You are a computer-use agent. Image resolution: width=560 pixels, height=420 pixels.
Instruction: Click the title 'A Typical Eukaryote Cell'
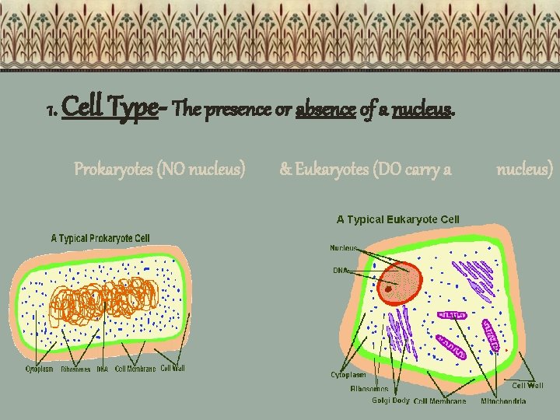pos(398,220)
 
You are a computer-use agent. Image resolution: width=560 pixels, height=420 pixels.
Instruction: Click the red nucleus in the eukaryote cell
pos(397,279)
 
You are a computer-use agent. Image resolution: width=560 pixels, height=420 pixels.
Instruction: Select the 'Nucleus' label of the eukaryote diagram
pos(344,248)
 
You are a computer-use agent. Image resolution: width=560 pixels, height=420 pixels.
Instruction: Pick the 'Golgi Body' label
pos(390,401)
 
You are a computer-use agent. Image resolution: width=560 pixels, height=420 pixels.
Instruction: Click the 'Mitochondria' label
pos(502,401)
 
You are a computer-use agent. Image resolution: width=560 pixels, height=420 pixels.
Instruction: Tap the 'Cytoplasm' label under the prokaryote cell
pos(40,369)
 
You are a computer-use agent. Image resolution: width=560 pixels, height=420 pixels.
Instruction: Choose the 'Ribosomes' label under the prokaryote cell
pos(75,369)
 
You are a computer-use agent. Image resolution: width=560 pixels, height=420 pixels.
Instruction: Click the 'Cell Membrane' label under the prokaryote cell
pos(135,369)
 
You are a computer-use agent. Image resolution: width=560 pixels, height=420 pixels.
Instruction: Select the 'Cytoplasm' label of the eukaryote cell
pos(348,375)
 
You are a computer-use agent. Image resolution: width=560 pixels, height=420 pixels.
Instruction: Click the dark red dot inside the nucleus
pos(387,289)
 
